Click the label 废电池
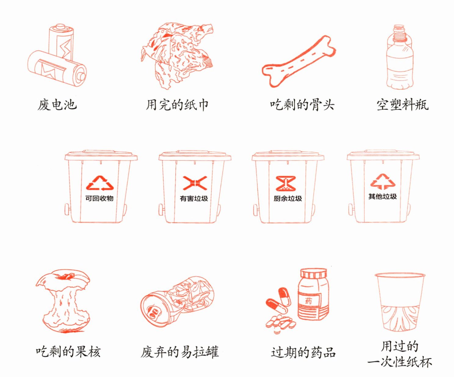pos(57,105)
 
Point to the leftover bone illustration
pos(299,61)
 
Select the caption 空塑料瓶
pos(402,105)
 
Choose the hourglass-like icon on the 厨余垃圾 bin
pos(286,183)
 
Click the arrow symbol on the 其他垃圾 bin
pos(383,181)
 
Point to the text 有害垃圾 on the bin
pos(194,198)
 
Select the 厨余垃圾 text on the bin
pos(288,198)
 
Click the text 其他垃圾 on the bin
pos(383,197)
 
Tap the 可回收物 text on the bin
pos(99,198)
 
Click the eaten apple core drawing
pos(63,301)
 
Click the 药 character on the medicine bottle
pos(308,301)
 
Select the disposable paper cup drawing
pos(400,302)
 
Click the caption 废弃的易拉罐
pos(180,352)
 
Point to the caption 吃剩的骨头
pos(302,105)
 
